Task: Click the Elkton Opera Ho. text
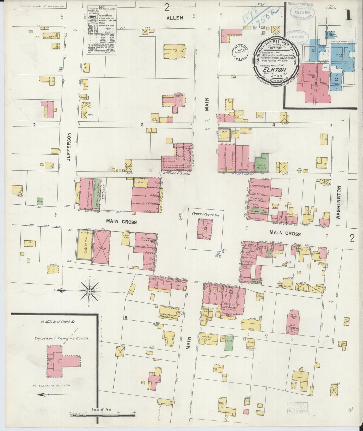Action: tap(229, 304)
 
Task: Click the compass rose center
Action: tap(89, 291)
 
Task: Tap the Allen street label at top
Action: tap(175, 18)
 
